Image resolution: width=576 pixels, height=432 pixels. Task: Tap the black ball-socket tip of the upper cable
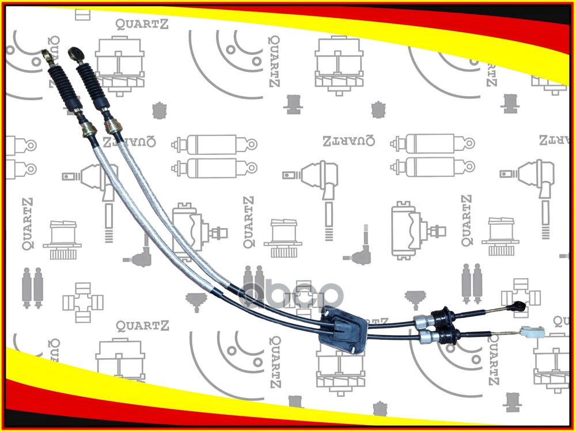point(519,306)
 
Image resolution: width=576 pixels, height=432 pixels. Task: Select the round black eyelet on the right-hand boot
point(75,54)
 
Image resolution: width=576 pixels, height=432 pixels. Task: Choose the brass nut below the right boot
point(112,126)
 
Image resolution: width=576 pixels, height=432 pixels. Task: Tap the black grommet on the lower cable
point(448,335)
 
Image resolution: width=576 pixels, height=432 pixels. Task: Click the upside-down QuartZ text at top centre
point(348,140)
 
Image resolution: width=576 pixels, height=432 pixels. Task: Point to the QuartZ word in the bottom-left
point(142,326)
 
